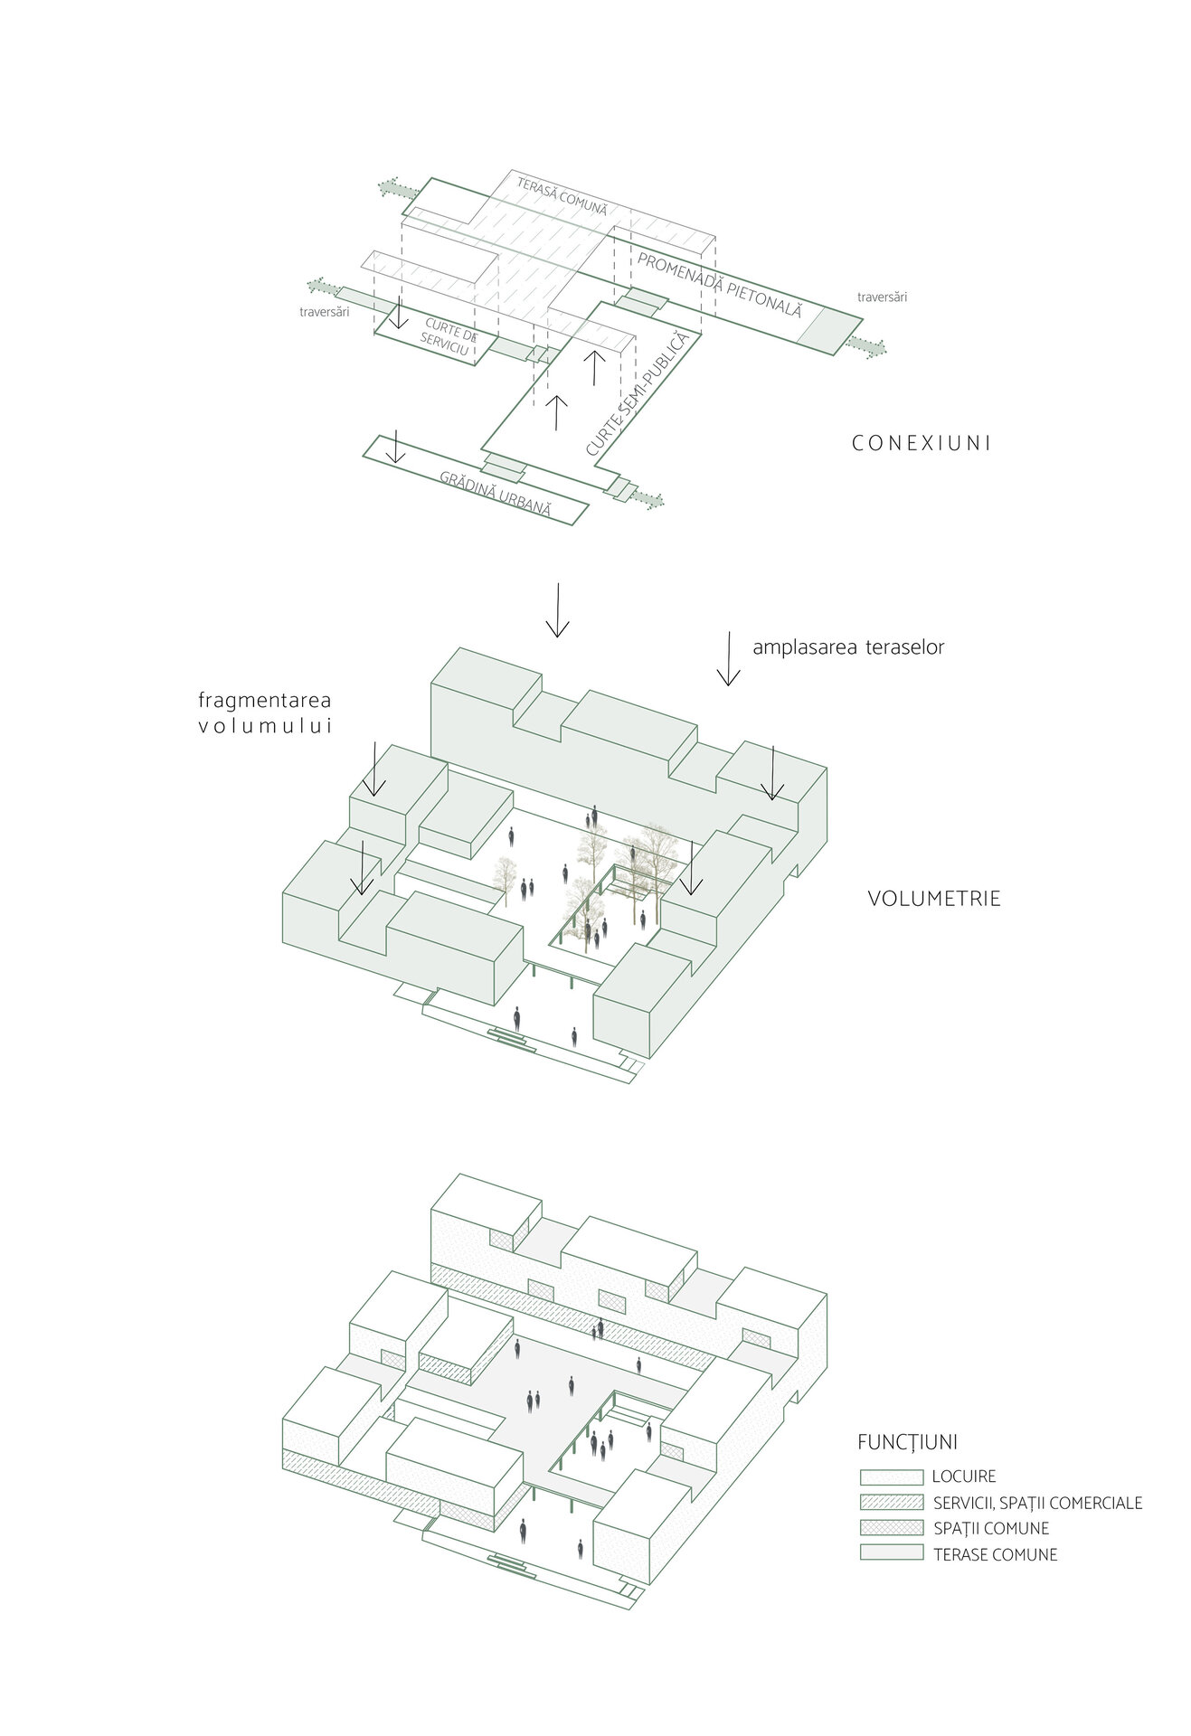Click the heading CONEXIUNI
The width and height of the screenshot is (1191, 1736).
pos(922,444)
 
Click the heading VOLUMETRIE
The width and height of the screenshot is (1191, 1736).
pos(934,899)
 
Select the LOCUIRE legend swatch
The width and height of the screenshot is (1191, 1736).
pos(891,1477)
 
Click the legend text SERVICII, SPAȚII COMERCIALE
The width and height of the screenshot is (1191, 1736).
pos(1037,1504)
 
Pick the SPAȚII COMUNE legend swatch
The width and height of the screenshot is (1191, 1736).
pos(891,1528)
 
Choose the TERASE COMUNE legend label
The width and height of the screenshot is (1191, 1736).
pos(995,1555)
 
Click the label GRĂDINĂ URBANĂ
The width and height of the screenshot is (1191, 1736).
pos(496,494)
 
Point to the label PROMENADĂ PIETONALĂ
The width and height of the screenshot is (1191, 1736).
pos(720,284)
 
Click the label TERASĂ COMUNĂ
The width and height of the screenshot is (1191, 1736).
pos(562,195)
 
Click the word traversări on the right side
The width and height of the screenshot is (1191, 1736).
pos(882,297)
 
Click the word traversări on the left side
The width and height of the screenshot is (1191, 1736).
pos(324,312)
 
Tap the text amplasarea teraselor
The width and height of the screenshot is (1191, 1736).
pos(848,647)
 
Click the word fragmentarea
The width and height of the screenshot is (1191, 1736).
pos(265,700)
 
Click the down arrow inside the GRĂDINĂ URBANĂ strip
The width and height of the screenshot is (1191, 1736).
pos(395,448)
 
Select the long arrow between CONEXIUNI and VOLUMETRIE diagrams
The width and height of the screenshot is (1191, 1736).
pos(557,610)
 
